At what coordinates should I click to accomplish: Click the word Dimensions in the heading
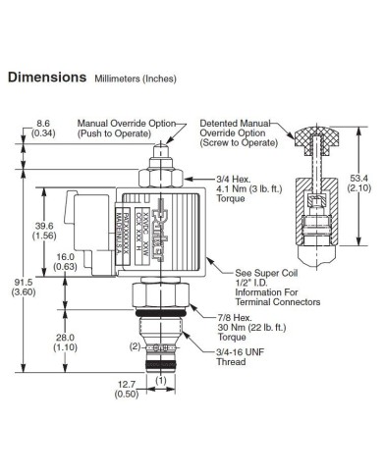(47, 78)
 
